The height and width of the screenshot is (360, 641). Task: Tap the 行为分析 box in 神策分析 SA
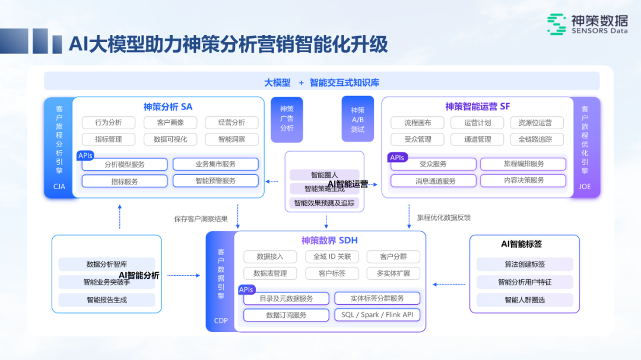[x=109, y=123]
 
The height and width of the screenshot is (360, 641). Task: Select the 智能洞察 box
[x=231, y=139]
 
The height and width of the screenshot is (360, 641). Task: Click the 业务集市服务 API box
[x=215, y=164]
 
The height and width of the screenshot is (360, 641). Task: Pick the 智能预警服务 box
[x=215, y=181]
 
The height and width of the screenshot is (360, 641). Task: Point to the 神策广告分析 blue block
[x=287, y=119]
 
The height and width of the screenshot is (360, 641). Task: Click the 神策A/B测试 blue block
[x=358, y=119]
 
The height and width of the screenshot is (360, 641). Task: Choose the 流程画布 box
[x=418, y=123]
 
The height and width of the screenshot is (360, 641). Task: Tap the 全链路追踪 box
[x=535, y=139]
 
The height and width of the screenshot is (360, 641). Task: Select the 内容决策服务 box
[x=523, y=180]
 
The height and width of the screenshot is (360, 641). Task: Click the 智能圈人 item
[x=324, y=175]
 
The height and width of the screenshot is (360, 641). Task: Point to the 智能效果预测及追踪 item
[x=324, y=203]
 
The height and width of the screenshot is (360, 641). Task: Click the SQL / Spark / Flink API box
[x=377, y=315]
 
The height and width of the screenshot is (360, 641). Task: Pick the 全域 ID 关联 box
[x=332, y=257]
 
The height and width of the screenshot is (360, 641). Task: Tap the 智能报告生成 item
[x=107, y=300]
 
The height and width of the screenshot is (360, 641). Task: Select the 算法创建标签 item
[x=525, y=265]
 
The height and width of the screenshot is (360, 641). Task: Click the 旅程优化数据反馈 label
[x=443, y=218]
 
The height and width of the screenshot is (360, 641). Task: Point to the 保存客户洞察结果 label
[x=201, y=219]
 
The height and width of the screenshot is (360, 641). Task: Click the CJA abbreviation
[x=59, y=187]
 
